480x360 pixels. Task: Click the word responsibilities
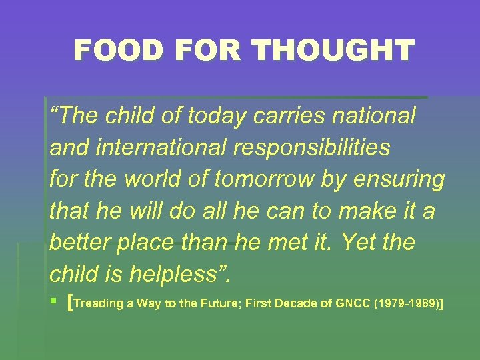(311, 148)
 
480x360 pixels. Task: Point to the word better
(80, 243)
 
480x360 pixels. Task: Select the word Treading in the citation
(99, 305)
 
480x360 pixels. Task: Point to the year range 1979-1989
(408, 304)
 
